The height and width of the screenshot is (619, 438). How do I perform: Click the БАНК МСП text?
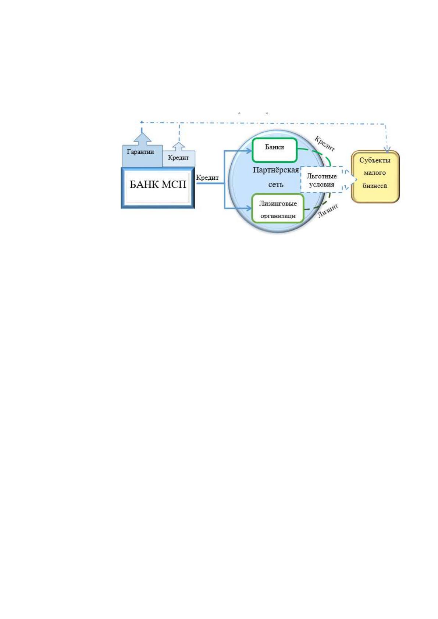(x=158, y=184)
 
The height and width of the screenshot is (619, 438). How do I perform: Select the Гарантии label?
(x=140, y=152)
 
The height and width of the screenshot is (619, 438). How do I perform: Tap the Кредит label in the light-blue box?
(x=178, y=158)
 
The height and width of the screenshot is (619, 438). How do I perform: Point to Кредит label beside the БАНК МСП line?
(x=207, y=178)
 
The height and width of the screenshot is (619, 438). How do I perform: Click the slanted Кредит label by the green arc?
(x=325, y=144)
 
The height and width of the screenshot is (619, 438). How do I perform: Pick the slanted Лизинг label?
(x=328, y=211)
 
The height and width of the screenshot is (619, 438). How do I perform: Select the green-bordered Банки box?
(x=275, y=150)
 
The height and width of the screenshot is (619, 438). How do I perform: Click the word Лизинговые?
(x=278, y=204)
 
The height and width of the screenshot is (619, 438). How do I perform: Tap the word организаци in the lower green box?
(x=278, y=216)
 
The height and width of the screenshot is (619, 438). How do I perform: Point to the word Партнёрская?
(x=276, y=170)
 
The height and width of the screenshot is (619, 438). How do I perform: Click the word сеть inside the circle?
(x=276, y=185)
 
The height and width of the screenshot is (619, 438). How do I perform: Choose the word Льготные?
(x=321, y=176)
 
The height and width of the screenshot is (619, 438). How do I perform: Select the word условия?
(x=321, y=185)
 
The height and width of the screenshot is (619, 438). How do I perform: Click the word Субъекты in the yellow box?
(x=375, y=160)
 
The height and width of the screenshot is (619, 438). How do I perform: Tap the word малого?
(x=375, y=173)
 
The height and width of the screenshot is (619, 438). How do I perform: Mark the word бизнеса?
(x=375, y=186)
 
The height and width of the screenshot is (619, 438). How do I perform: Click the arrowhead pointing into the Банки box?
(x=249, y=151)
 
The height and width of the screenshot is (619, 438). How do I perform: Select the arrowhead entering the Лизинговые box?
(x=249, y=208)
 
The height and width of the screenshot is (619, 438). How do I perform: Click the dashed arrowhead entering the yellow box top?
(x=387, y=150)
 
